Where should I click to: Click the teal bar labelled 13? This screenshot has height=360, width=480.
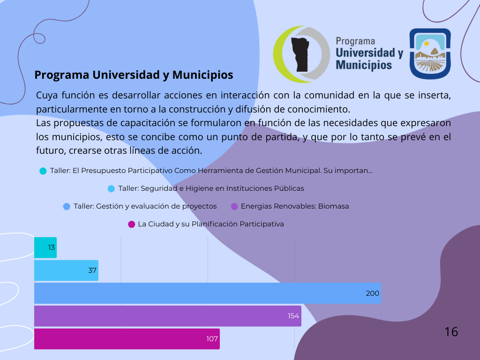tap(45, 247)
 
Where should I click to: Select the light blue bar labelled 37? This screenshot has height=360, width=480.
tap(66, 270)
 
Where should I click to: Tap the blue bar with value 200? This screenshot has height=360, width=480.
tap(208, 293)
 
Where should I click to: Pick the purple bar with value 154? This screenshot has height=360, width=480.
tap(168, 316)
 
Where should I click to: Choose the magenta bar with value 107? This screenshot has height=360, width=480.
tap(127, 339)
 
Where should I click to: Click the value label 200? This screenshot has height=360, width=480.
tap(373, 293)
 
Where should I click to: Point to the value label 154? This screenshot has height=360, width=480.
tap(293, 316)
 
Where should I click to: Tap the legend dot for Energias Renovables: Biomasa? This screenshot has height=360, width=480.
tap(234, 207)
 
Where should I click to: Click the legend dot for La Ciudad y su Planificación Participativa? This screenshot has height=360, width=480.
tap(131, 225)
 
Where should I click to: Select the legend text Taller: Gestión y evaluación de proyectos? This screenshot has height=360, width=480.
tap(145, 206)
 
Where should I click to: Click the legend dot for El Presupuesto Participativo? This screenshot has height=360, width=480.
tap(43, 171)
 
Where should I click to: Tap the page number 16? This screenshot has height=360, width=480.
tap(451, 332)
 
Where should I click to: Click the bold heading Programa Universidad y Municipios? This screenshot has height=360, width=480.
tap(134, 75)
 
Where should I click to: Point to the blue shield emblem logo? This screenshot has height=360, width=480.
tap(430, 54)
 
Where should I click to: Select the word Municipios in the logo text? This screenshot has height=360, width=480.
tap(364, 65)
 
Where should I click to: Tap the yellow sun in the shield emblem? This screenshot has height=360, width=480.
tap(427, 44)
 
